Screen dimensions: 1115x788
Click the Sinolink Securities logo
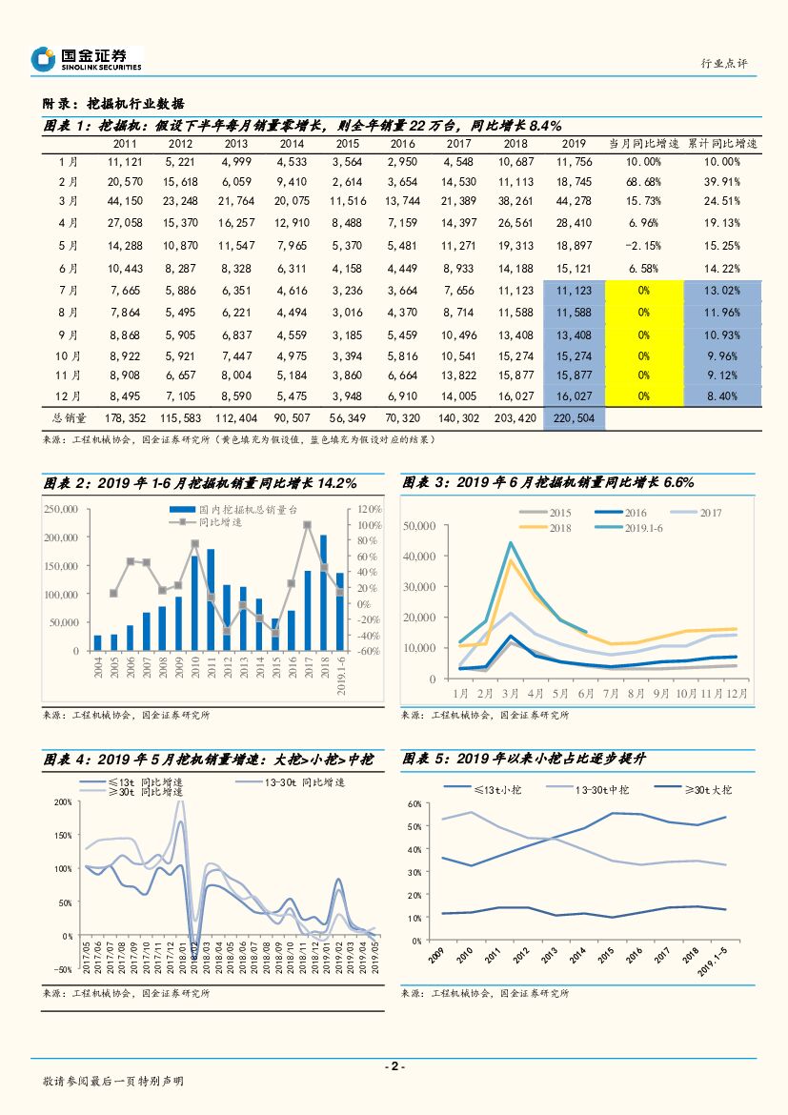(x=86, y=59)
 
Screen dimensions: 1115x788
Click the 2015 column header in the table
(x=347, y=144)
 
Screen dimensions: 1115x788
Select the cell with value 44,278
(x=574, y=200)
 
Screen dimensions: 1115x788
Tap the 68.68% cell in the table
(x=644, y=181)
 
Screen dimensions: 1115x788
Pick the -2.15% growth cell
(x=644, y=245)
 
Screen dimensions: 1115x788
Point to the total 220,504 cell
(x=574, y=417)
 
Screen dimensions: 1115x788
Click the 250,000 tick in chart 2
(x=61, y=510)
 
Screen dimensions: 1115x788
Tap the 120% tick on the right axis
(x=369, y=510)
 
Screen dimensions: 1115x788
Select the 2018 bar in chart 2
(x=323, y=592)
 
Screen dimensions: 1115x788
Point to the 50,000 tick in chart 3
(x=420, y=525)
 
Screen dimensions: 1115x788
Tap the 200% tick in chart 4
(x=64, y=802)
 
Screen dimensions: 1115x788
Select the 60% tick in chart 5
(x=414, y=803)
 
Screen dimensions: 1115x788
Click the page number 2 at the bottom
(x=394, y=1066)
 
